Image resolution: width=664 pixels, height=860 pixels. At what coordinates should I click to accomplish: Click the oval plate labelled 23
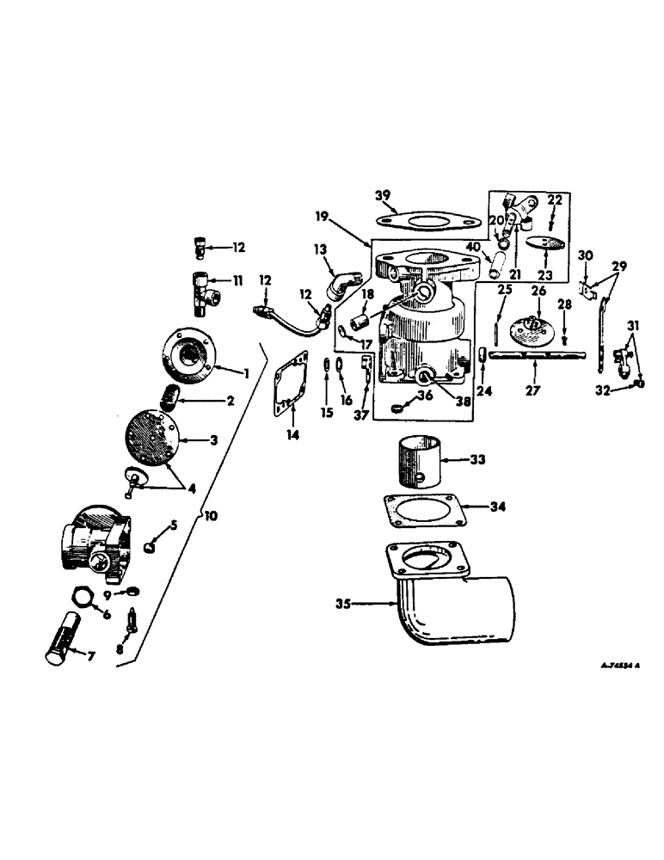coord(538,243)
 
